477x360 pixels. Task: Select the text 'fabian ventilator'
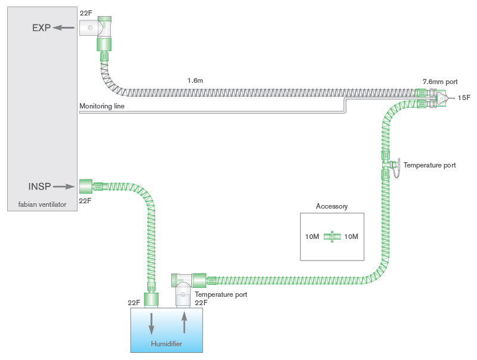[41, 204]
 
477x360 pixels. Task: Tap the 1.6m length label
[196, 80]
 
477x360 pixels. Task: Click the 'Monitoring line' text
[102, 106]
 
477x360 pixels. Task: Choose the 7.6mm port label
[441, 80]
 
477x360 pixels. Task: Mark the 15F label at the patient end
[464, 97]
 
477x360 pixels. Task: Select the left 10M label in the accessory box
[312, 237]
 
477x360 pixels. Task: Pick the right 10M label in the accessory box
[351, 237]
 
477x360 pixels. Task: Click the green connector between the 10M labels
[332, 237]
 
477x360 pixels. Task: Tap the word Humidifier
[166, 345]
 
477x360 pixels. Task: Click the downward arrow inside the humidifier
[151, 322]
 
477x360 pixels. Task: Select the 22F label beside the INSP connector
[85, 201]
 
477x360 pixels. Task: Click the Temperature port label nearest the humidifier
[221, 294]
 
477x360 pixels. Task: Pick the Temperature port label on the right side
[429, 165]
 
